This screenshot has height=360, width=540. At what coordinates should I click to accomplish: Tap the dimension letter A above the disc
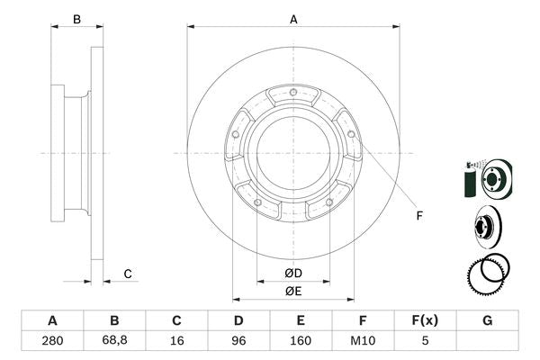pos(293,19)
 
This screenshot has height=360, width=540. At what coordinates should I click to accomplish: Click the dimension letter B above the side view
pos(76,19)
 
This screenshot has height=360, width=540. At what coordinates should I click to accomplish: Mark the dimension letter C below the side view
pos(128,274)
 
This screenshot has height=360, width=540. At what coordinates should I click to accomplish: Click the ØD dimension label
pos(293,274)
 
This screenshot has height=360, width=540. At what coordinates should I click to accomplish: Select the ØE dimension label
pos(293,291)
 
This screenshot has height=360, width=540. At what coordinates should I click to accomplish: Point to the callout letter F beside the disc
pos(418,214)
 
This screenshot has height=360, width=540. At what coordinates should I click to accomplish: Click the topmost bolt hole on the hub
pos(294,94)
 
